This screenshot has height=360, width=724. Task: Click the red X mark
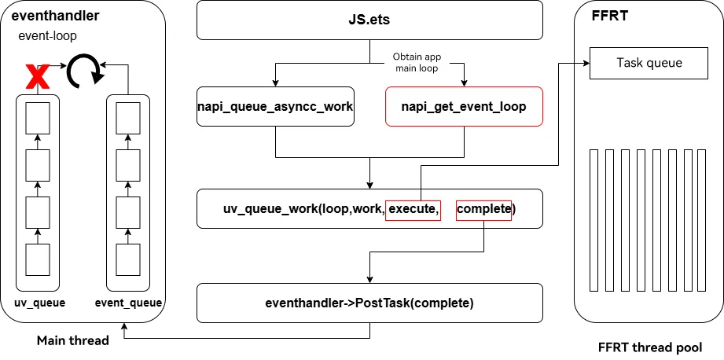click(x=38, y=76)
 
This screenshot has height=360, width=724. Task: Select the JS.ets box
click(x=369, y=20)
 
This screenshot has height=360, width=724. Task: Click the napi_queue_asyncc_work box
click(x=275, y=107)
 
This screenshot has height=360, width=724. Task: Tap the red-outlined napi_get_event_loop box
click(x=464, y=107)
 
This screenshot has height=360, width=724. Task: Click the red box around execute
click(x=413, y=209)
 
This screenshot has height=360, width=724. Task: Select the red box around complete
click(x=483, y=209)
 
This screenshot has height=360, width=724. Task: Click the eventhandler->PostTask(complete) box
click(x=369, y=303)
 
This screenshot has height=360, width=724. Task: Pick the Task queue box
click(x=649, y=63)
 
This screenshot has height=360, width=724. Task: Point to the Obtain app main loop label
click(x=417, y=62)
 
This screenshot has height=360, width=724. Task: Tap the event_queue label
click(x=128, y=303)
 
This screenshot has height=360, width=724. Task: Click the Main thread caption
click(x=73, y=340)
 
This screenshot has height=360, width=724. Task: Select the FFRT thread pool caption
click(x=650, y=347)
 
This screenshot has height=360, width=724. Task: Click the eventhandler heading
click(x=55, y=16)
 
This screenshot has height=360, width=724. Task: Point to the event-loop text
click(x=47, y=36)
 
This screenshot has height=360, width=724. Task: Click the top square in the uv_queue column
click(x=38, y=118)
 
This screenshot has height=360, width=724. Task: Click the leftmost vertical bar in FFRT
click(x=594, y=220)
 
